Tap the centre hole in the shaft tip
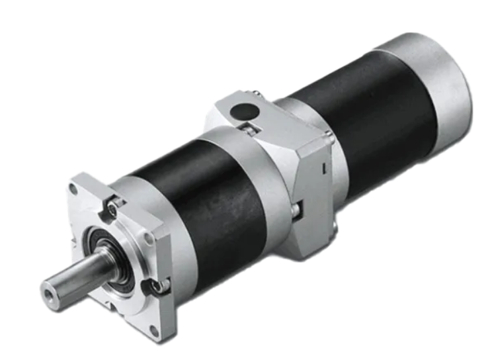[47, 290]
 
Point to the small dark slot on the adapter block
[321, 171]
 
